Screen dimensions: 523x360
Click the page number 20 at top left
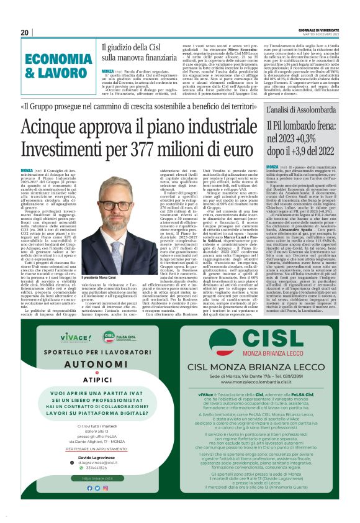[24, 32]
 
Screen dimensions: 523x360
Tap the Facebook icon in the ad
[89, 488]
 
